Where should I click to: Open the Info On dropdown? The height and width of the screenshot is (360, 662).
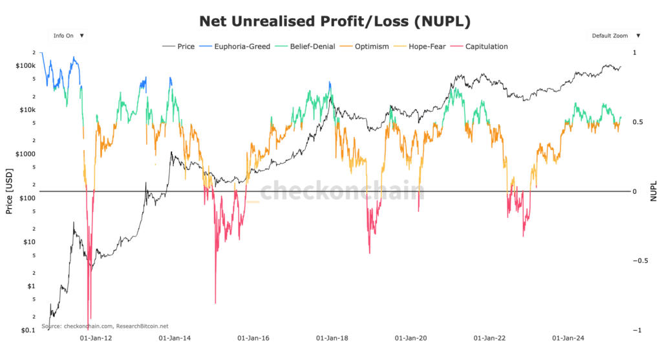68,36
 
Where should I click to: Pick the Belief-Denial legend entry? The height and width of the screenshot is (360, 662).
307,47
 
